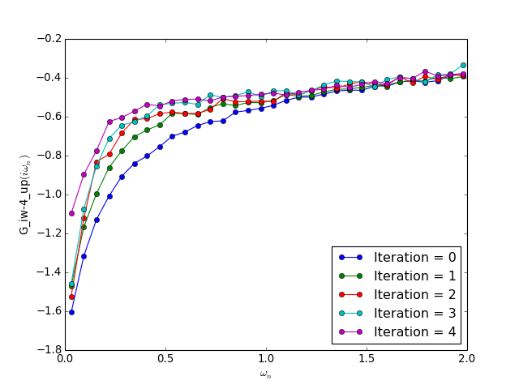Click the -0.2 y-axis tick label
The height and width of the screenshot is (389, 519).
[47, 39]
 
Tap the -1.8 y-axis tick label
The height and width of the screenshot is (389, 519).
[47, 350]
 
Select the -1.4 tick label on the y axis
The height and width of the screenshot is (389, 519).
[47, 272]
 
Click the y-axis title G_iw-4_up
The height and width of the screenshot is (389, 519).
[24, 194]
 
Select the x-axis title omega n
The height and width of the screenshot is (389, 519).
[266, 374]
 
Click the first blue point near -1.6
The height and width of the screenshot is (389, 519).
[71, 312]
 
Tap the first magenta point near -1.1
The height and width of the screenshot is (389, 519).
[71, 213]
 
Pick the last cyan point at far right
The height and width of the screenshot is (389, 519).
[463, 65]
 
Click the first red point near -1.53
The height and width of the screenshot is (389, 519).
[71, 297]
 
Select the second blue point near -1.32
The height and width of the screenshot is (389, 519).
[84, 256]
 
